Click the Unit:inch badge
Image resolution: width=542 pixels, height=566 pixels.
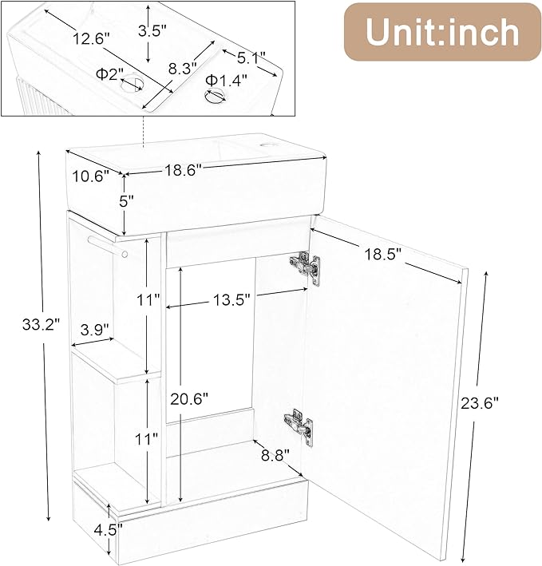point(443,31)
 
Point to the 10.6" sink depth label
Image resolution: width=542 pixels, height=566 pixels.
point(89,176)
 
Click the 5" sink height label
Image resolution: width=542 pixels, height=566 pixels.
point(125,201)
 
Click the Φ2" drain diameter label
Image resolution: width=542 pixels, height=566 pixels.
point(109,74)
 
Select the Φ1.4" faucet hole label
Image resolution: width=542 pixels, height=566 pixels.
point(226,80)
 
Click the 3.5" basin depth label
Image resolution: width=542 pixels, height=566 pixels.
point(151,31)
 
